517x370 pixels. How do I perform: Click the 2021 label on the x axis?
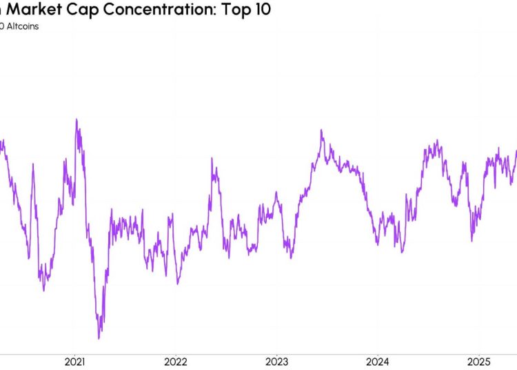click(74, 361)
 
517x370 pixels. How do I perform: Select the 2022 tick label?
click(176, 361)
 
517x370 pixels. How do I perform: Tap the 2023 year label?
click(276, 361)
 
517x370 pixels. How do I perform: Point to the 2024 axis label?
click(378, 361)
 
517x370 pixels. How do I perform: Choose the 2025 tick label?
click(478, 361)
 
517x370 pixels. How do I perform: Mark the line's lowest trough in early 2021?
click(99, 338)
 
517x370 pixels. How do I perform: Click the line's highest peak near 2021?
click(76, 119)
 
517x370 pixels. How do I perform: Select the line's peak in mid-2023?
click(321, 130)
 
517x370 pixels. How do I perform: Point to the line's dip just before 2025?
click(472, 240)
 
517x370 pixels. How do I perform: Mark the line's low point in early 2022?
click(178, 283)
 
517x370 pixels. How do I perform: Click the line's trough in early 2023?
click(292, 257)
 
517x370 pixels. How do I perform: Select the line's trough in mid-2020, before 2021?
click(43, 290)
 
